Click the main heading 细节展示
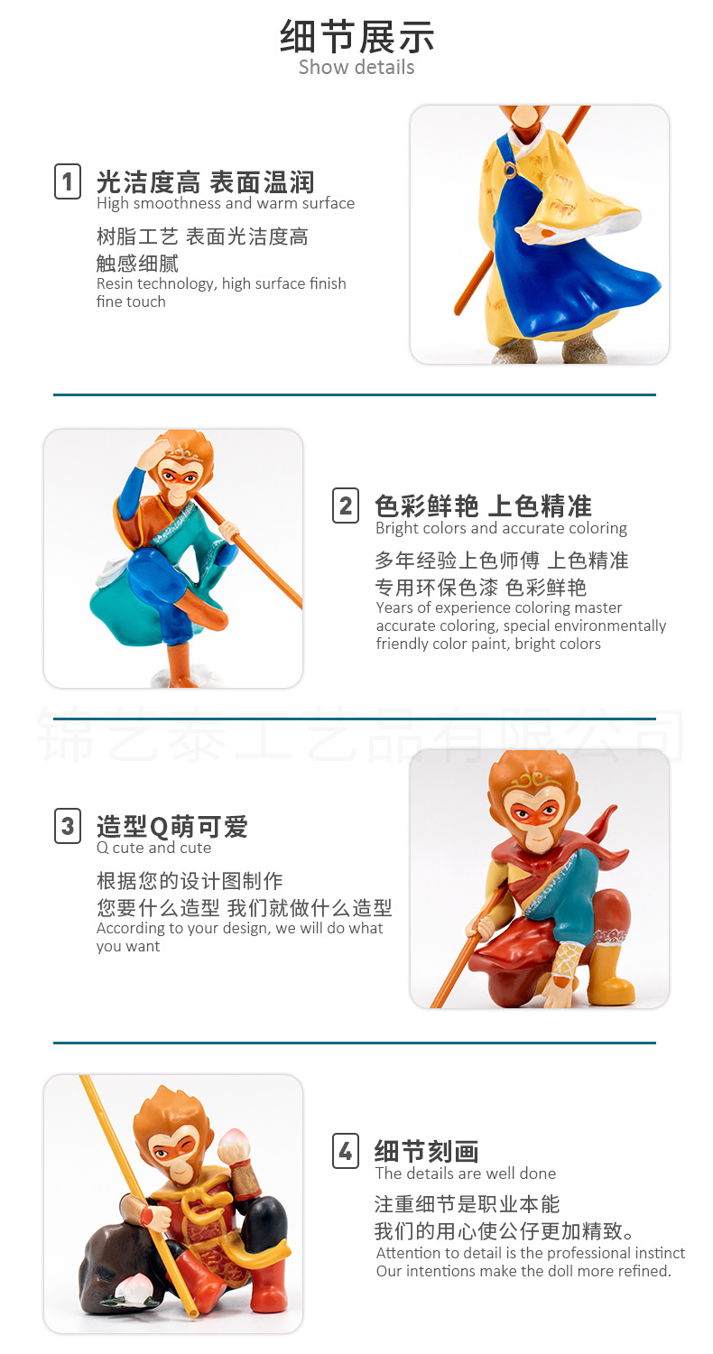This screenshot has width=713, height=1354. click(356, 36)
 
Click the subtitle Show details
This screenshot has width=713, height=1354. click(356, 67)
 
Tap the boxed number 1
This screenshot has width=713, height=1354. click(68, 181)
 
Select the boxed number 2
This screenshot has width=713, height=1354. click(346, 505)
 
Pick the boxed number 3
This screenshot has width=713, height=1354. click(68, 826)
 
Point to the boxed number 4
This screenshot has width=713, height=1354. click(346, 1151)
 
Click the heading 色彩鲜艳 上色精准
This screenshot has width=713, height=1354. click(484, 505)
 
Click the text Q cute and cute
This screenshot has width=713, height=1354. click(154, 848)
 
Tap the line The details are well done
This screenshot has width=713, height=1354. click(466, 1173)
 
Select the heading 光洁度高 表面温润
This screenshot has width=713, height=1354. click(206, 182)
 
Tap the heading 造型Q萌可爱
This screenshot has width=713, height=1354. click(172, 826)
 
